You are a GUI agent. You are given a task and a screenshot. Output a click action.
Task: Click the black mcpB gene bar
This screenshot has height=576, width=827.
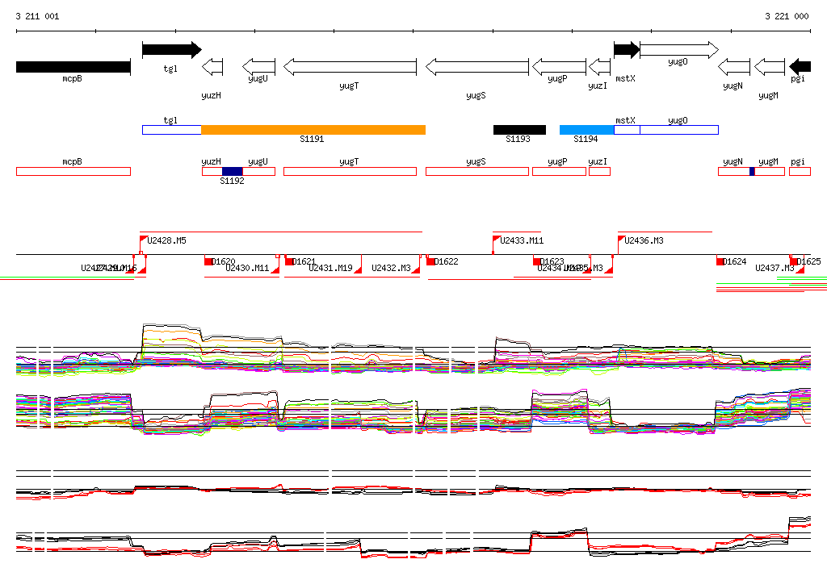point(73,67)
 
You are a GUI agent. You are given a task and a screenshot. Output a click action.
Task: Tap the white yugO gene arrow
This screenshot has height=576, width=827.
point(678,50)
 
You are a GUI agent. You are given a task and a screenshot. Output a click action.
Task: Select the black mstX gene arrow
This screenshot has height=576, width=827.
point(626,50)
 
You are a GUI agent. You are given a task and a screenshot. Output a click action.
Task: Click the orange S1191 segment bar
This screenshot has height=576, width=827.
point(313,130)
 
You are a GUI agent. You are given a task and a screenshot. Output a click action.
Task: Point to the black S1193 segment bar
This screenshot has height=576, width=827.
point(519,130)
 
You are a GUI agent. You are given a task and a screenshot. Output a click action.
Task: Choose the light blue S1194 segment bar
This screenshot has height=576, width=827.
point(586,130)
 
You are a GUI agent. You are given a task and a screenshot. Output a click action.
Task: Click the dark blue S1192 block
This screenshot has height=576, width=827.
point(232,171)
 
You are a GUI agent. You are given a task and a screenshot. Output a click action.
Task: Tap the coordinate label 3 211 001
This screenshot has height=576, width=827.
point(37,16)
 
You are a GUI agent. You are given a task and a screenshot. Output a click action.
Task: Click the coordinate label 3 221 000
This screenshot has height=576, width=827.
point(787,16)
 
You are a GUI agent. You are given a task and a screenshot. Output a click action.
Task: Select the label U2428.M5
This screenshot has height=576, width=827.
point(167,240)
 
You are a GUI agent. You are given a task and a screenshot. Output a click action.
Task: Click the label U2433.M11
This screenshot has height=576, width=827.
point(522,240)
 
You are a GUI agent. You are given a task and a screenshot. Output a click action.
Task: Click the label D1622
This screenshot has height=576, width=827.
point(446,261)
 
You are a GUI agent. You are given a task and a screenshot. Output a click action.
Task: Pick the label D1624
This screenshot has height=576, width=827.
point(734,261)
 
